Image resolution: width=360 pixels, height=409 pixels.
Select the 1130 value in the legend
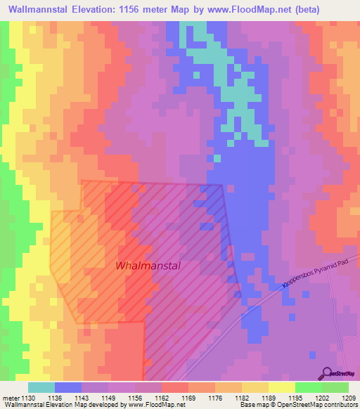pyautogui.click(x=27, y=397)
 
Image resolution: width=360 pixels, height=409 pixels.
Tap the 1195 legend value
pyautogui.click(x=295, y=397)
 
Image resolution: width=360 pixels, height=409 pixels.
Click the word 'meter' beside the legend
pyautogui.click(x=10, y=397)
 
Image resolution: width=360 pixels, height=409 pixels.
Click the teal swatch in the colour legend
pyautogui.click(x=41, y=387)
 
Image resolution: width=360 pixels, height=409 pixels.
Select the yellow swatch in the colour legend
pyautogui.click(x=281, y=387)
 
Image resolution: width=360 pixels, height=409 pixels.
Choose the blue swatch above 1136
pyautogui.click(x=67, y=387)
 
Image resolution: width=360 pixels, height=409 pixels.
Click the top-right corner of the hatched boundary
pyautogui.click(x=223, y=186)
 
